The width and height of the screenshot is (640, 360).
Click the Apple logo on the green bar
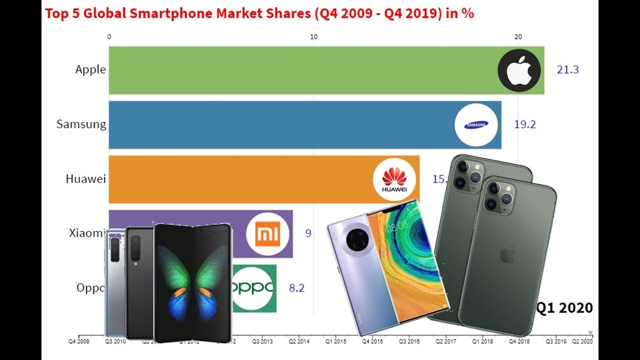tap(519, 70)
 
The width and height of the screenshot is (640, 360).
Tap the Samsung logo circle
tap(476, 125)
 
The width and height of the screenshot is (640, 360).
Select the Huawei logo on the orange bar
tap(394, 179)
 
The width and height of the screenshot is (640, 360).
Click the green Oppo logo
tap(254, 288)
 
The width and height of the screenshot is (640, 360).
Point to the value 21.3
tap(567, 70)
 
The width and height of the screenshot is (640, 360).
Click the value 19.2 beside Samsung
tap(525, 124)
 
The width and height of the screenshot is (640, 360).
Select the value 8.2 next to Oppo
tap(296, 288)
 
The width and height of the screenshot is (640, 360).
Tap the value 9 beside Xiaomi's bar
tap(308, 233)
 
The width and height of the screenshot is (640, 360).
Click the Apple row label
tap(90, 69)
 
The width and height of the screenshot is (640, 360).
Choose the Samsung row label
tap(81, 124)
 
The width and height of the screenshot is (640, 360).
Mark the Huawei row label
tap(86, 178)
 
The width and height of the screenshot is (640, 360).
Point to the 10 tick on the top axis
tap(313, 36)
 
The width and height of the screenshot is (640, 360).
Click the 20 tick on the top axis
tap(518, 36)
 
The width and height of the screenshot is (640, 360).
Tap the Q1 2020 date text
tap(564, 308)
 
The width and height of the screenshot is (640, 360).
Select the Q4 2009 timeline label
tap(79, 341)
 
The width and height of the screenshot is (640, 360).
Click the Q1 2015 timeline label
tap(335, 341)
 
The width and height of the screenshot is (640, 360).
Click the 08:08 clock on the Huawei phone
tap(396, 226)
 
